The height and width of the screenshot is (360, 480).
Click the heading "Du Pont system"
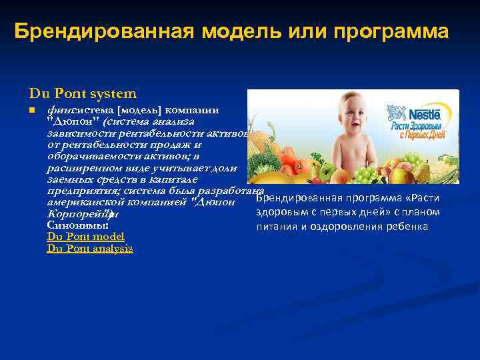pyautogui.click(x=83, y=94)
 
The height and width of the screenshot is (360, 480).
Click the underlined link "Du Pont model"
pyautogui.click(x=85, y=237)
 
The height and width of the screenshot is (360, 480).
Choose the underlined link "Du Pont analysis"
pyautogui.click(x=90, y=249)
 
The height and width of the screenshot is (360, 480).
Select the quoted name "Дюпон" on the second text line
pyautogui.click(x=73, y=121)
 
